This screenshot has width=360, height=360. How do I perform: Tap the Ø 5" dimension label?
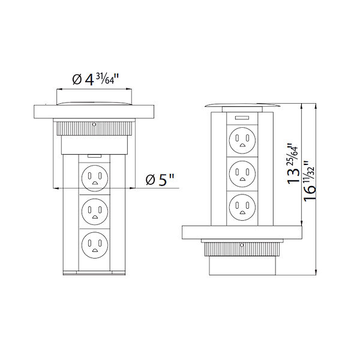click(x=161, y=178)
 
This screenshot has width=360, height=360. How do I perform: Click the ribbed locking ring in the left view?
click(x=94, y=128)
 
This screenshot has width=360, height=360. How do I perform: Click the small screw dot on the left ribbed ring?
click(x=94, y=125)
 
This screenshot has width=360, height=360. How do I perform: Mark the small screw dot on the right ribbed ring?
click(x=241, y=245)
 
